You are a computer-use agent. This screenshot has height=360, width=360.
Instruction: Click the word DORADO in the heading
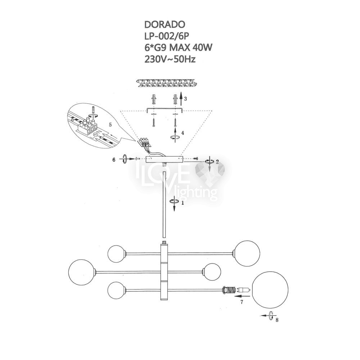coord(165,24)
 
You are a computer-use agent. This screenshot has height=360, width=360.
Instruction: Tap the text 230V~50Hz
coord(170,59)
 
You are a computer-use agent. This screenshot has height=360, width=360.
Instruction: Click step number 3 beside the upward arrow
coord(185,99)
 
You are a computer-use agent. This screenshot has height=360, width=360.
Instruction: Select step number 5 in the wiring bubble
coord(111,125)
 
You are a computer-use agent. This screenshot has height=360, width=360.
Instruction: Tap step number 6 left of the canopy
coord(114,160)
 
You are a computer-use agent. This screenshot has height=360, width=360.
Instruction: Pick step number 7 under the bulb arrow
coord(242,302)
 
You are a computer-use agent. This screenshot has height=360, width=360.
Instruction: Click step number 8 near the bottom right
coord(277,320)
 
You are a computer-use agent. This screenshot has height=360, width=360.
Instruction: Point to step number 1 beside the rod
coord(183,203)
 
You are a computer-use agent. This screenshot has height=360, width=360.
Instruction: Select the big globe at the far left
coord(81,272)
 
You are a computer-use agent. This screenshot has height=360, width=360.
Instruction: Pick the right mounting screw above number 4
coord(175,122)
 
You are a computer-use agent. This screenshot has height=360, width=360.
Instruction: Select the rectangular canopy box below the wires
coord(165,159)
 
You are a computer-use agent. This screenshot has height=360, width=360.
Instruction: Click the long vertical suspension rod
coord(164,204)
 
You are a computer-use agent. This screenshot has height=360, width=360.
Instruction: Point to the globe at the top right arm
coord(247,253)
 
